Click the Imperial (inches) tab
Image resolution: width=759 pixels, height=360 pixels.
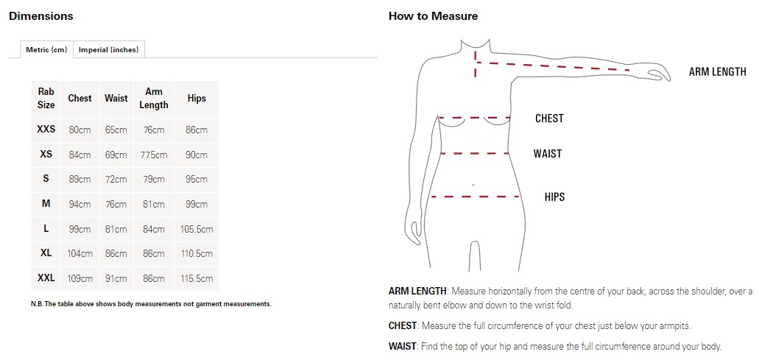pyautogui.click(x=109, y=49)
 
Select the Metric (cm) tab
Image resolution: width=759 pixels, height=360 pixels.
pyautogui.click(x=46, y=49)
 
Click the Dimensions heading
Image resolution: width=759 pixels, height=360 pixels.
pyautogui.click(x=41, y=16)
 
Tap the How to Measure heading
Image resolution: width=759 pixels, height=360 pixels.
pyautogui.click(x=433, y=16)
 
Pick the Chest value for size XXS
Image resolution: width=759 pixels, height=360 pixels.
pyautogui.click(x=80, y=130)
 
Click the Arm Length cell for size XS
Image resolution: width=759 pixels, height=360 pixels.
pyautogui.click(x=153, y=155)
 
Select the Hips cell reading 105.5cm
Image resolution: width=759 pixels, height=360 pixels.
pyautogui.click(x=197, y=230)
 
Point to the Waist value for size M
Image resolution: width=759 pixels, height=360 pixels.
pyautogui.click(x=116, y=205)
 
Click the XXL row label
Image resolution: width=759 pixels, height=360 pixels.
pyautogui.click(x=46, y=278)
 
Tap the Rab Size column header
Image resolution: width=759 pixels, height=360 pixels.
pyautogui.click(x=46, y=98)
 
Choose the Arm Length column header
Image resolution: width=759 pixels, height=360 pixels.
pyautogui.click(x=153, y=98)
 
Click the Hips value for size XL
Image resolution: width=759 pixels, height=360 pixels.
pyautogui.click(x=197, y=254)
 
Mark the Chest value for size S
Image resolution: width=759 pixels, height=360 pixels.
pyautogui.click(x=80, y=180)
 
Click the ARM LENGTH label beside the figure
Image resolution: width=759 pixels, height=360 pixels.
pyautogui.click(x=717, y=72)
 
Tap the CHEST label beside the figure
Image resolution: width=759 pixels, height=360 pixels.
pyautogui.click(x=549, y=119)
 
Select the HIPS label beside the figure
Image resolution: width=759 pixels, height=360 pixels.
pyautogui.click(x=555, y=197)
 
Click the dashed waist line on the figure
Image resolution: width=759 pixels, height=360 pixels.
pyautogui.click(x=475, y=153)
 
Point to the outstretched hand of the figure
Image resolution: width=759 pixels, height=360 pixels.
pyautogui.click(x=657, y=74)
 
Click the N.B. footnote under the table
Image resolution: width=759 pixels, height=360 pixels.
pyautogui.click(x=151, y=304)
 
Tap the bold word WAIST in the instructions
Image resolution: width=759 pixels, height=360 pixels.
pyautogui.click(x=403, y=347)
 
